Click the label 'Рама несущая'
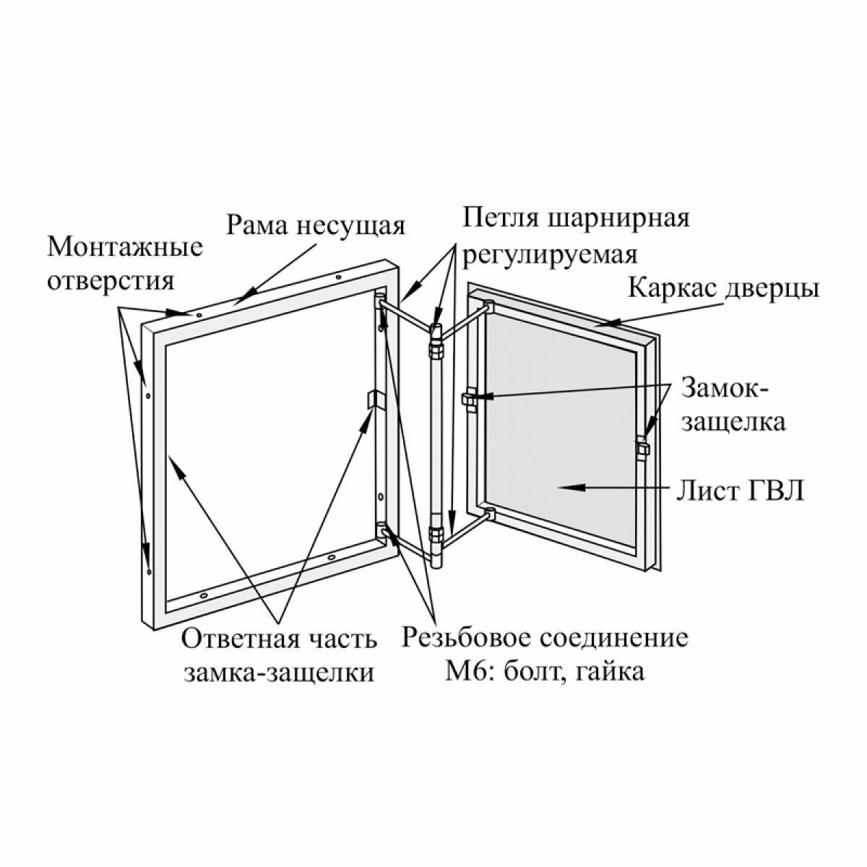point(316,225)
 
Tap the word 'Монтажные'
point(125,247)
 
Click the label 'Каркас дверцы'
point(723,288)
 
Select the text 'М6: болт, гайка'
point(544,671)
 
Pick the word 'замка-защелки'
point(279,672)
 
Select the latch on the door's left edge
point(468,399)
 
